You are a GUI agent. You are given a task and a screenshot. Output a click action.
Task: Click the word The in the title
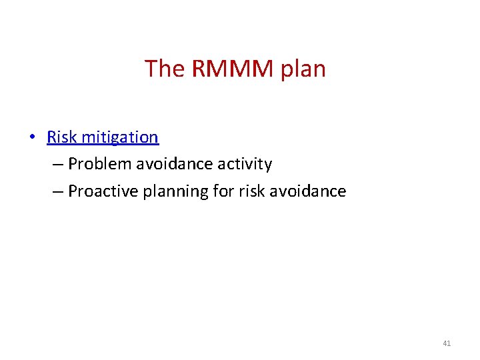[165, 69]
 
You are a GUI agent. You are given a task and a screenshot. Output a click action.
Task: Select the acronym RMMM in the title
[234, 69]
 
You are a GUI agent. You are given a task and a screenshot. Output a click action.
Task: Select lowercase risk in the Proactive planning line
[250, 191]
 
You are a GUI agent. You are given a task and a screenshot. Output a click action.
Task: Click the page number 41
[447, 343]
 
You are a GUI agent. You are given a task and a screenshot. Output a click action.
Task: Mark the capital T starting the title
[151, 69]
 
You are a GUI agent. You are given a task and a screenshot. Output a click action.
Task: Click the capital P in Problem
[73, 164]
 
